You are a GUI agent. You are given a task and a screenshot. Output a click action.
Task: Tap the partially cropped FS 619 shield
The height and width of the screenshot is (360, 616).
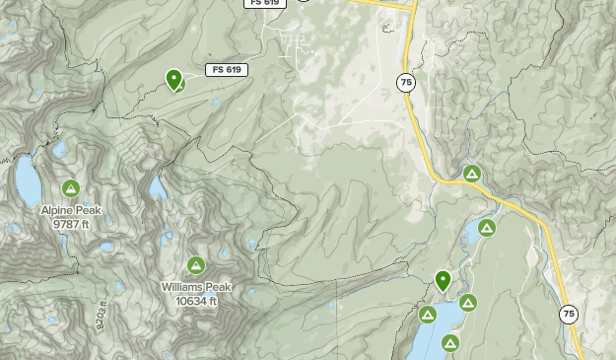pyautogui.click(x=264, y=3)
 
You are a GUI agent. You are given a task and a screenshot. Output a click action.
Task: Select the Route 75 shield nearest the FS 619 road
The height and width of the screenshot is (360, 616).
pyautogui.click(x=406, y=82)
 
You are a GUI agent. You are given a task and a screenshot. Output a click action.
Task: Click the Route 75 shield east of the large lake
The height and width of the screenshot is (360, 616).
pyautogui.click(x=568, y=315)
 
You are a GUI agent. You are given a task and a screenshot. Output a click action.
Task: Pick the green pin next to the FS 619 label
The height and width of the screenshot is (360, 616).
pyautogui.click(x=174, y=79)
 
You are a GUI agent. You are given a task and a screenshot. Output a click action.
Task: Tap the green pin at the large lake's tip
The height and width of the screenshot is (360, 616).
pyautogui.click(x=443, y=281)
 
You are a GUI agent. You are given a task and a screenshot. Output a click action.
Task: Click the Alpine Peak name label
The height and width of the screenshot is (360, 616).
pyautogui.click(x=71, y=210)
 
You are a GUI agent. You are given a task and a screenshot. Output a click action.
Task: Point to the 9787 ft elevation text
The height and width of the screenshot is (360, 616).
pyautogui.click(x=71, y=224)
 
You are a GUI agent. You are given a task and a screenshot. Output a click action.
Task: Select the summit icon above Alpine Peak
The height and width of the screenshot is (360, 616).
pyautogui.click(x=71, y=188)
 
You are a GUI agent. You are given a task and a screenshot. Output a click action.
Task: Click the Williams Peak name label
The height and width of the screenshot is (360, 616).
pyautogui.click(x=196, y=287)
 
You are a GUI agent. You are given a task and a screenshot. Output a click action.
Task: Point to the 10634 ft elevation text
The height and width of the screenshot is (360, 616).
pyautogui.click(x=196, y=301)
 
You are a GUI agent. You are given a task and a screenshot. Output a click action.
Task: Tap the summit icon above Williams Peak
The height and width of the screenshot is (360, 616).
pyautogui.click(x=196, y=265)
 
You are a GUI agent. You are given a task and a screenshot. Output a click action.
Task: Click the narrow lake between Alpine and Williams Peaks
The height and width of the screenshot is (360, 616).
pyautogui.click(x=157, y=186)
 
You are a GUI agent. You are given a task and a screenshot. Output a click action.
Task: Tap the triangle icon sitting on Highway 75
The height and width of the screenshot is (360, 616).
pyautogui.click(x=472, y=175)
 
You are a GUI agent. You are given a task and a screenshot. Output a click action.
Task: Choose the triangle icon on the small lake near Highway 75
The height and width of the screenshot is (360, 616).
pyautogui.click(x=487, y=228)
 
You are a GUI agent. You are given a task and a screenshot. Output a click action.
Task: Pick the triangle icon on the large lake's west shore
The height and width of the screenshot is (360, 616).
pyautogui.click(x=428, y=315)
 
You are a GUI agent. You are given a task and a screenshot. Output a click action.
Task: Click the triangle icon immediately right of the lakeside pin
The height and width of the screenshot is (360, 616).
pyautogui.click(x=467, y=302)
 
